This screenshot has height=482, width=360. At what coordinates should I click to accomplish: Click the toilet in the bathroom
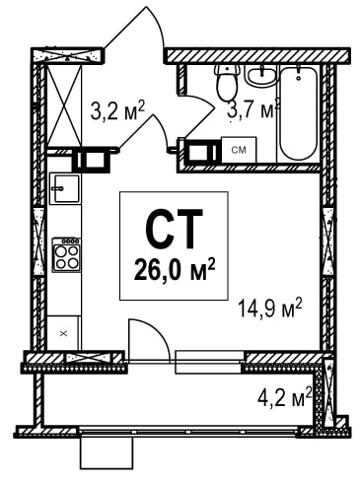[227, 81]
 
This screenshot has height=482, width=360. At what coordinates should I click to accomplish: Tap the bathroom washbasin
[261, 76]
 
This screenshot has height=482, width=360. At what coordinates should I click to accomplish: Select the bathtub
[299, 113]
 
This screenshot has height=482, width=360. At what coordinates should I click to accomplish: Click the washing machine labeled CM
[239, 150]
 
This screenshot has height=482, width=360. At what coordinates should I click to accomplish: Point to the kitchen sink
[64, 188]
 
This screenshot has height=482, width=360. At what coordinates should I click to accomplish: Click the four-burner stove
[67, 254]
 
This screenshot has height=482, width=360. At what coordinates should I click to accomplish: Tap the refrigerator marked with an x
[63, 333]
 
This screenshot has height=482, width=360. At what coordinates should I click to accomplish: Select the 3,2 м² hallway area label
[117, 112]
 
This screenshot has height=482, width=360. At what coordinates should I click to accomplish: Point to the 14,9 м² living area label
[269, 309]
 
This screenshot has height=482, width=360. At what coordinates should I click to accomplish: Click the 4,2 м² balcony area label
[285, 397]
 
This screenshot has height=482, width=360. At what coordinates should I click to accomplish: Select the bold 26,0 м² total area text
[175, 270]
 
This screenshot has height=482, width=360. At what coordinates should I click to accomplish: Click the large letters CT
[174, 229]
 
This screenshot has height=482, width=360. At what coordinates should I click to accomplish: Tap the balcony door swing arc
[157, 330]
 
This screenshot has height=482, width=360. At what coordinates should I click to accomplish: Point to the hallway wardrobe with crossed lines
[64, 105]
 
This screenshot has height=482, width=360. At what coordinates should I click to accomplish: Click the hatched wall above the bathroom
[257, 55]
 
